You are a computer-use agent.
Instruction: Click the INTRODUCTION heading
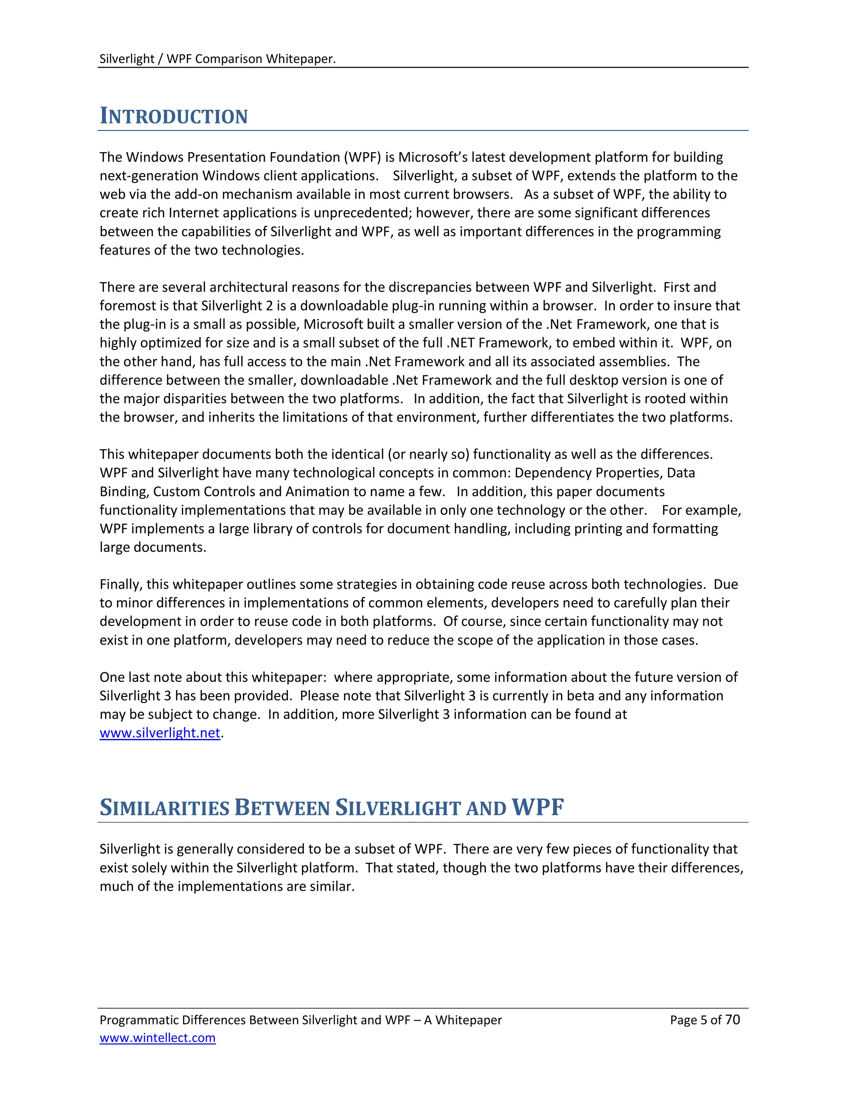coord(173,117)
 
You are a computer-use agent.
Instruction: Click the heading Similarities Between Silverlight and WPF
coord(331,808)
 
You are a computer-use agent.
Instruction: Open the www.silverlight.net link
coord(160,733)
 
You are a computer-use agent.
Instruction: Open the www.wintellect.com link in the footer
coord(157,1038)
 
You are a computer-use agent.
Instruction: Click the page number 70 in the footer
coord(732,1019)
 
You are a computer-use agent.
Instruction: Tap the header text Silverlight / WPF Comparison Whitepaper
coord(217,59)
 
